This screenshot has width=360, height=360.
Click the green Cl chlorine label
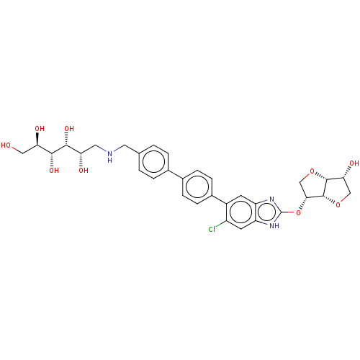[212, 230]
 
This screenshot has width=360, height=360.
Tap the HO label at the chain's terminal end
[6, 145]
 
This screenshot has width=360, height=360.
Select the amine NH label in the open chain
[109, 156]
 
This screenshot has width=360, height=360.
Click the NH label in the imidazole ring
[274, 225]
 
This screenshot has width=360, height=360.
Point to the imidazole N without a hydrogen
[271, 199]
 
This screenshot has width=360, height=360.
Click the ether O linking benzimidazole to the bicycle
[298, 212]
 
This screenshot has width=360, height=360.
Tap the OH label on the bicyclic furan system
[354, 163]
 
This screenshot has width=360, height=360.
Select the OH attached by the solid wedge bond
[40, 129]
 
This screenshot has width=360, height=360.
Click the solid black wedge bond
[37, 139]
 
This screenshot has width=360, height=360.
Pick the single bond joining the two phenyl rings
[176, 174]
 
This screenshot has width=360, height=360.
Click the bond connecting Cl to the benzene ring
[221, 224]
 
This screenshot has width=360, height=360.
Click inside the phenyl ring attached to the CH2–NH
[153, 161]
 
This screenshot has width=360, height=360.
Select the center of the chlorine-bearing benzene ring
[240, 212]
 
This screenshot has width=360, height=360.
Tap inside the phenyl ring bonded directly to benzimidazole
[197, 187]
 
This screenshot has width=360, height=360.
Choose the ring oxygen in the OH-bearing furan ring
[338, 205]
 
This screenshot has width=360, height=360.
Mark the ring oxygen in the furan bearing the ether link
[312, 171]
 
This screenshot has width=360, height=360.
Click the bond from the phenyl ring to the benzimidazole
[219, 199]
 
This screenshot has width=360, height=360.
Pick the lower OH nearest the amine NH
[84, 171]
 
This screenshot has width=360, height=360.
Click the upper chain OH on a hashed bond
[69, 129]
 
